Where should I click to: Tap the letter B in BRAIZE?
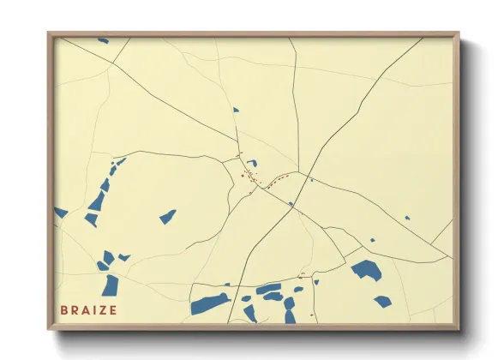(63, 309)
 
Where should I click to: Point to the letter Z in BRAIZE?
(102, 309)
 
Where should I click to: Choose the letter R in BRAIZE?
(73, 309)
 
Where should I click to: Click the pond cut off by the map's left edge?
(60, 212)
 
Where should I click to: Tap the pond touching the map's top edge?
(103, 39)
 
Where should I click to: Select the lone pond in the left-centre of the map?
(167, 217)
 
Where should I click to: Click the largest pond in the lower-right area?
(366, 271)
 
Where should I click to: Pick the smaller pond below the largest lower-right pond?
(382, 301)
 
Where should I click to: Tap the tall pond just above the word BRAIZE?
(111, 285)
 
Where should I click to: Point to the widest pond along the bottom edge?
(210, 303)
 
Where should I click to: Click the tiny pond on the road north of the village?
(236, 110)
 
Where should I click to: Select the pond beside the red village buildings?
(252, 163)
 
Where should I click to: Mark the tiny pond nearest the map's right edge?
(407, 218)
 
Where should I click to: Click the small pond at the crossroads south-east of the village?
(291, 204)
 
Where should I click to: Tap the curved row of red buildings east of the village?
(276, 182)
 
